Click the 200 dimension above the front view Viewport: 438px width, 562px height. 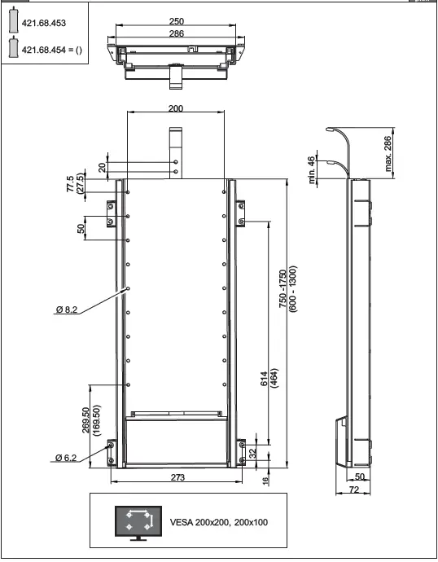click(x=175, y=108)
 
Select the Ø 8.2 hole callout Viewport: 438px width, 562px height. click(x=68, y=310)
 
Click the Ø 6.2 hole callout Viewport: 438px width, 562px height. click(x=68, y=459)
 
